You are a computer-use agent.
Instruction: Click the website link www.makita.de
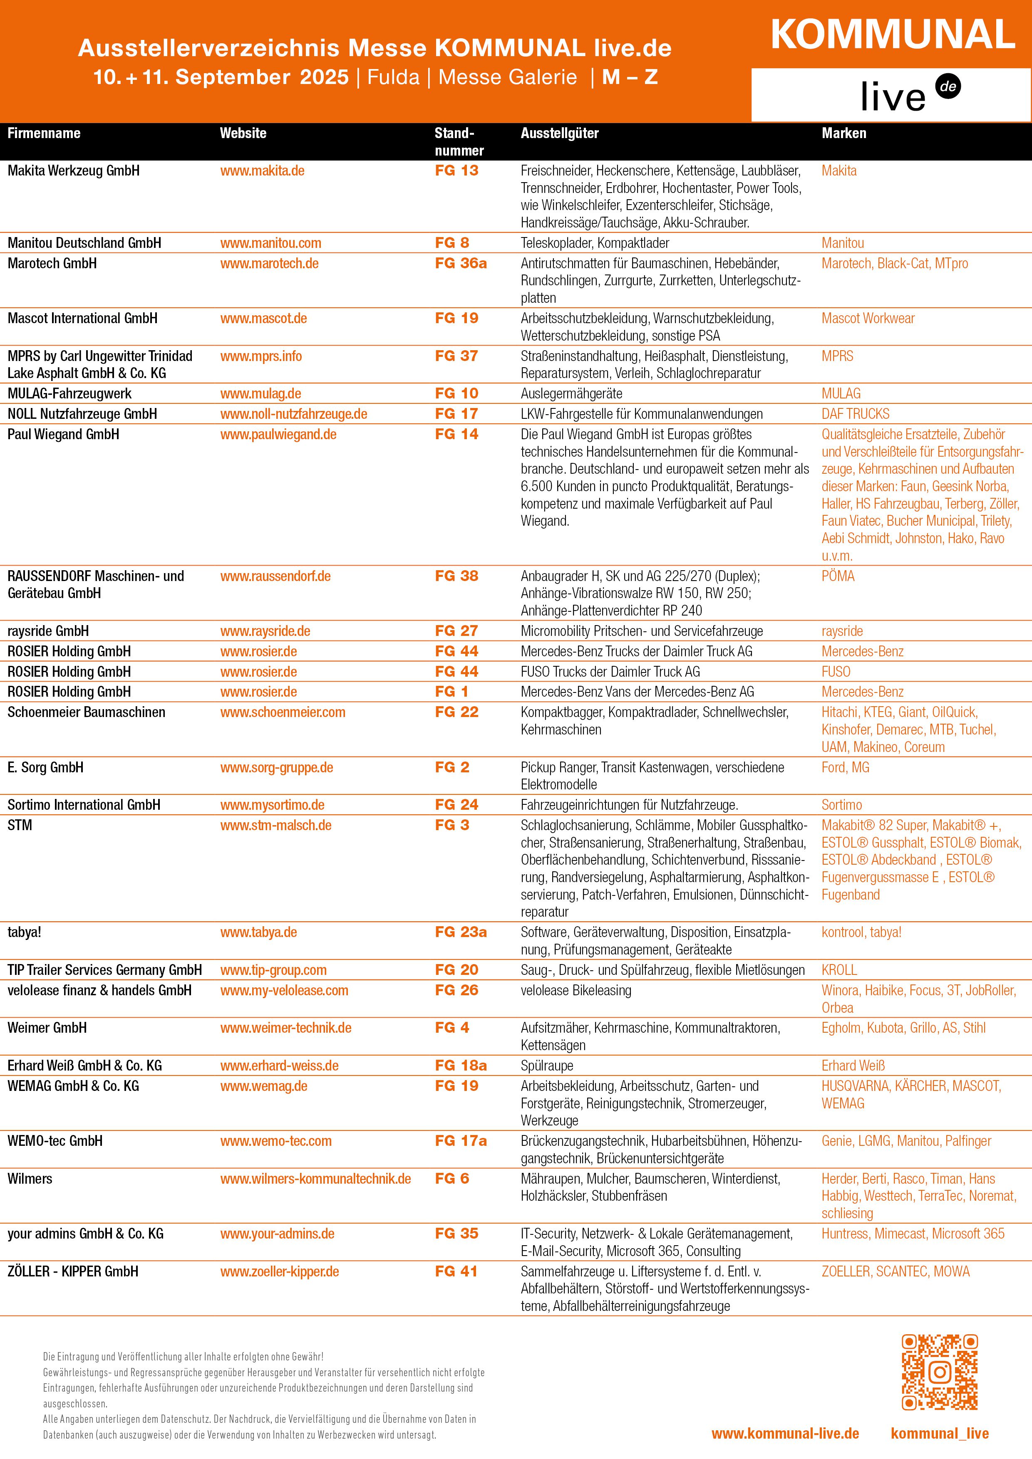pos(262,171)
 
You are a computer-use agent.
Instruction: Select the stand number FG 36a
pos(460,263)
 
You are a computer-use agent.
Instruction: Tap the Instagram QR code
pos(939,1372)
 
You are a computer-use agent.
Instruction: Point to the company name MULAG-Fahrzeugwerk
pos(69,394)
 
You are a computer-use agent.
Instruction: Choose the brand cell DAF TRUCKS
pos(855,414)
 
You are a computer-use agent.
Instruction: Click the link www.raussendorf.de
pos(275,576)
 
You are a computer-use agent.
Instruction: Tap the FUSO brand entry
pos(836,672)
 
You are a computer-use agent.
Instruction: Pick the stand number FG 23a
pos(460,932)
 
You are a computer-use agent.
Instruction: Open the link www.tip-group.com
pos(273,970)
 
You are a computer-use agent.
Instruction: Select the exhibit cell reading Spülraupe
pos(547,1066)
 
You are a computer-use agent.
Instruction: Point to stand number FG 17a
pos(460,1141)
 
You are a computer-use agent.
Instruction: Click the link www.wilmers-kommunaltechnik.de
pos(315,1179)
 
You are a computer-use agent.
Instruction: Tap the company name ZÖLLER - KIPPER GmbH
pos(72,1271)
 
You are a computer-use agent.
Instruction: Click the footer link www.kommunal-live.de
pos(785,1434)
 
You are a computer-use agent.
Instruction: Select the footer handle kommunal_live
pos(939,1434)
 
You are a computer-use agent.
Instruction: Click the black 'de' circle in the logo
pos(948,87)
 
